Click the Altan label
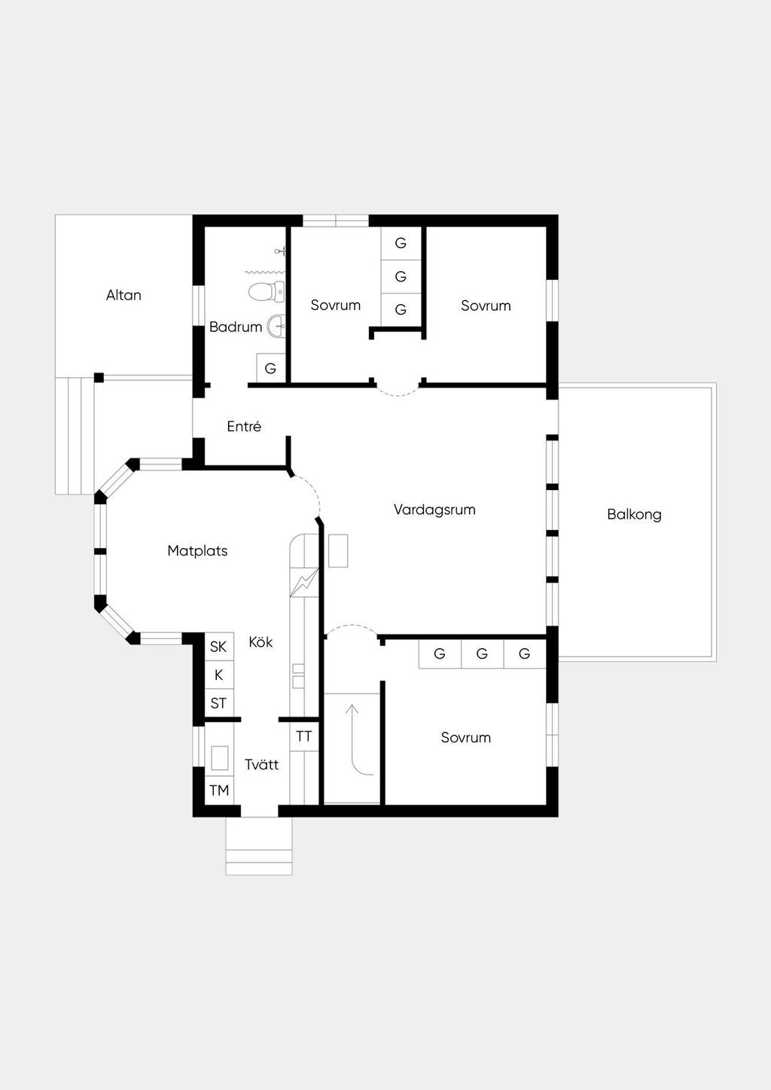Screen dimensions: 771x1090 pos(123,295)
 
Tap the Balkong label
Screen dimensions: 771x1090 pos(634,514)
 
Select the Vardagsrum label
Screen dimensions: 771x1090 pos(434,510)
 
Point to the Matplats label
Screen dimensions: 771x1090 pos(197,550)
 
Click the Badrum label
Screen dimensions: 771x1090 pos(236,327)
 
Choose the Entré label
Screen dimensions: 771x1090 pos(245,426)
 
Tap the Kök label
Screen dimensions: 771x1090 pos(261,642)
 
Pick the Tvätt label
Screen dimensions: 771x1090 pos(262,765)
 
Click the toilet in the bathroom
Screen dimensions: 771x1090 pos(267,291)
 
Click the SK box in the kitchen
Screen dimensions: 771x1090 pos(219,646)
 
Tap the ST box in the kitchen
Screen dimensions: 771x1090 pos(219,702)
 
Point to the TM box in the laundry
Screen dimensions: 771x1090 pos(219,790)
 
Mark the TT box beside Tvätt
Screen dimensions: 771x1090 pos(304,737)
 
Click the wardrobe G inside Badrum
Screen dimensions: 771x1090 pos(270,368)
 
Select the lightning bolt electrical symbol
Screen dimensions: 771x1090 pos(304,582)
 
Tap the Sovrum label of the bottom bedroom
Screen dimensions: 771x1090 pos(466,737)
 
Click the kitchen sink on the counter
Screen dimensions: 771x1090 pos(298,676)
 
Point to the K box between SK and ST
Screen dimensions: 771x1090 pos(219,674)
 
